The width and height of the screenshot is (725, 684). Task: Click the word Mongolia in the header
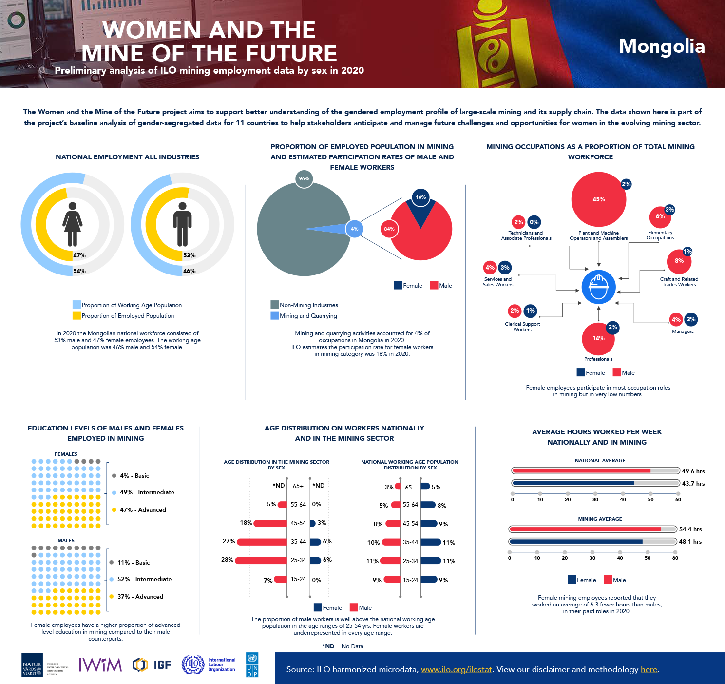662,46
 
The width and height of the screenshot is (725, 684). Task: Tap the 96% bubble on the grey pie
304,179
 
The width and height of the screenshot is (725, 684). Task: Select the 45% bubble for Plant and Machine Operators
598,199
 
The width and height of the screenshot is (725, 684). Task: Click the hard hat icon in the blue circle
598,287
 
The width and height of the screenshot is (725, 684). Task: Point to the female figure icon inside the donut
73,224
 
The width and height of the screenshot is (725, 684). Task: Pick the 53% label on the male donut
190,255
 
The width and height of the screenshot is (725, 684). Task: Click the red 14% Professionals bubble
598,339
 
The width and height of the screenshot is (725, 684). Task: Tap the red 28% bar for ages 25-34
261,560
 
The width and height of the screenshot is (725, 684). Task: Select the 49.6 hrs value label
693,471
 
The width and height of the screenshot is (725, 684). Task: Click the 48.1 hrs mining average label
690,542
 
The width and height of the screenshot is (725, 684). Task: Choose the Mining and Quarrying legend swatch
275,315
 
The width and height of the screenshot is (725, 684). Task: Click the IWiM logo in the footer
100,664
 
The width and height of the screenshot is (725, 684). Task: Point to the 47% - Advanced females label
143,510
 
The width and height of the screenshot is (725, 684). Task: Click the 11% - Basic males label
133,563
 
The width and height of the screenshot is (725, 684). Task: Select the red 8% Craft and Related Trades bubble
679,261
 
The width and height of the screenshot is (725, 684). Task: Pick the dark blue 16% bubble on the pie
420,197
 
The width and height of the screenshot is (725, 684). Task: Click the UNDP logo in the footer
252,665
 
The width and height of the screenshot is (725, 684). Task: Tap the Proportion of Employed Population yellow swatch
76,315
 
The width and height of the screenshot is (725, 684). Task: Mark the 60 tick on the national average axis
678,494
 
